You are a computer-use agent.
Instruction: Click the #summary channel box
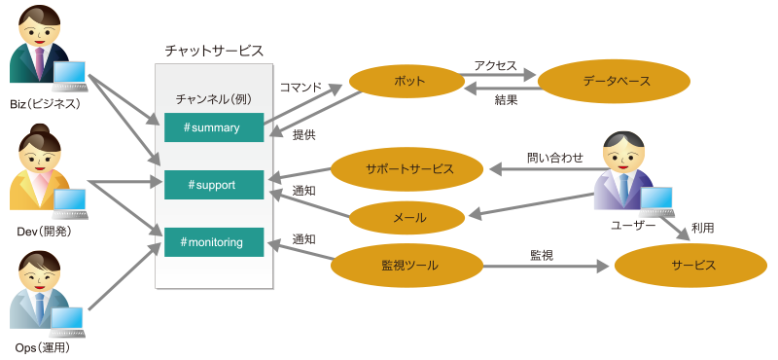(x=214, y=127)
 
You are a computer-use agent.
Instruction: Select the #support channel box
(x=214, y=185)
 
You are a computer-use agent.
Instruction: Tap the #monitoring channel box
(x=214, y=242)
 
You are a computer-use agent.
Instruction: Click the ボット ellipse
(x=407, y=81)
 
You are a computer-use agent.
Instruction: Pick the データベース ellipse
(x=614, y=81)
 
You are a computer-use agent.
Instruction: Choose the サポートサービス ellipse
(x=407, y=169)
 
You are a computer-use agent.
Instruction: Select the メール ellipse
(x=407, y=218)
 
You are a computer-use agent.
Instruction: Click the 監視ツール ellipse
(x=407, y=266)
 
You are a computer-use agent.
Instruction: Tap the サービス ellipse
(x=690, y=266)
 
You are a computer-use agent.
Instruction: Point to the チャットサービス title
(x=214, y=51)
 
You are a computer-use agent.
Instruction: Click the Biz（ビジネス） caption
(x=45, y=104)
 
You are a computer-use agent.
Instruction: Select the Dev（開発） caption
(x=44, y=232)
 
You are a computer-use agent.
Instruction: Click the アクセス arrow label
(x=495, y=65)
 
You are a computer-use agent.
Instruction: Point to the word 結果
(x=506, y=100)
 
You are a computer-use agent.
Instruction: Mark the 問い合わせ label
(x=554, y=158)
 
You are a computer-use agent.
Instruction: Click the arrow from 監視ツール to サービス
(x=546, y=267)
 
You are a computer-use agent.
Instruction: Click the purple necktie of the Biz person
(x=39, y=63)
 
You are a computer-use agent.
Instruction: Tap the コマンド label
(x=301, y=88)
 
